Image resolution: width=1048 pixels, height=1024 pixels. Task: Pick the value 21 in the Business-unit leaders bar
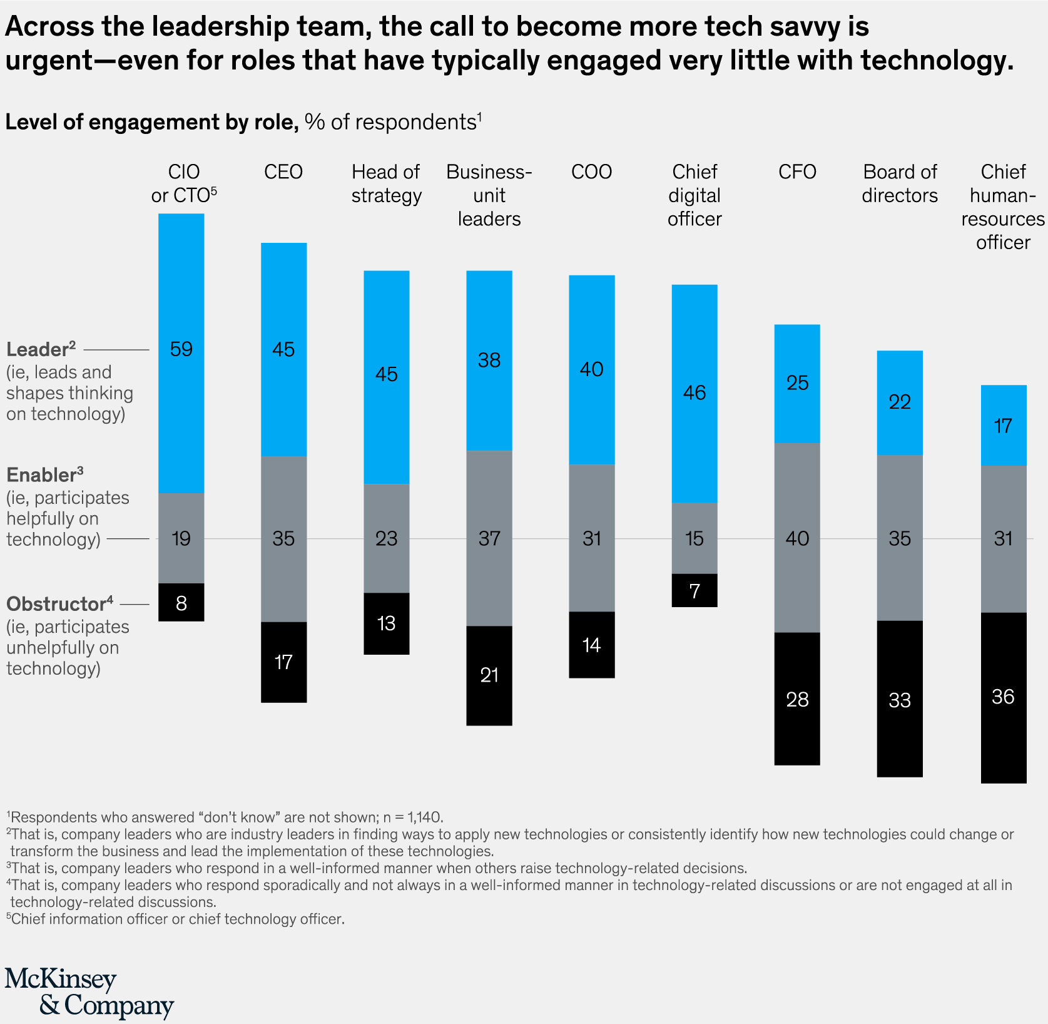click(489, 675)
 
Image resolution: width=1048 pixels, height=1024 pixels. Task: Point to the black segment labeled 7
click(694, 591)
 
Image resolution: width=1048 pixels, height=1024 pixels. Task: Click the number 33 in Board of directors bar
click(900, 700)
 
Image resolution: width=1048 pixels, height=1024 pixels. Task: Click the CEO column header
click(283, 172)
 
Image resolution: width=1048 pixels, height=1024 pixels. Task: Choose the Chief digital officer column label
click(694, 195)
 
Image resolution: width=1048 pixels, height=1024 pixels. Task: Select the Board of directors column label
click(900, 184)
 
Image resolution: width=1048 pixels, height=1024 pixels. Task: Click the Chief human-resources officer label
click(1003, 207)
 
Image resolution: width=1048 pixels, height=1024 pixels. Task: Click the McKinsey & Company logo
click(89, 993)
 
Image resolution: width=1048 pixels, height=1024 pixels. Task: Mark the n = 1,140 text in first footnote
click(412, 817)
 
